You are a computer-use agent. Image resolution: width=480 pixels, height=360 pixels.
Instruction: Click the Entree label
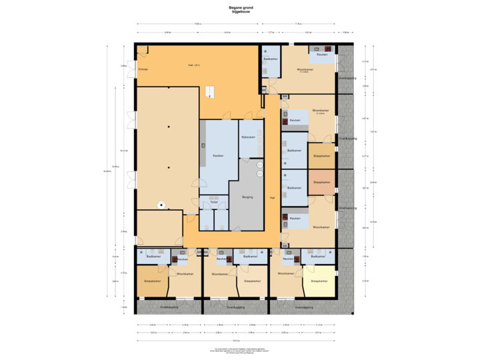click(x=142, y=69)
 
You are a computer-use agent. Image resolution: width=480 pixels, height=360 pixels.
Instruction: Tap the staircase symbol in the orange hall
click(x=210, y=91)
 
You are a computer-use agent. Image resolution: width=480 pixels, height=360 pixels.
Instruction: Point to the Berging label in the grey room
click(x=247, y=197)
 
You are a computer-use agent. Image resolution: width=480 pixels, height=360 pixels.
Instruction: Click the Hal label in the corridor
click(x=272, y=198)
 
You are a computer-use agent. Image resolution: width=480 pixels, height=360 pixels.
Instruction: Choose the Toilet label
click(x=213, y=201)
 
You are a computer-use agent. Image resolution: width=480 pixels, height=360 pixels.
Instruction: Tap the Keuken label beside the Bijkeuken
click(x=217, y=155)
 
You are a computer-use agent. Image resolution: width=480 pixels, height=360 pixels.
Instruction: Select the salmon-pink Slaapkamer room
click(x=321, y=183)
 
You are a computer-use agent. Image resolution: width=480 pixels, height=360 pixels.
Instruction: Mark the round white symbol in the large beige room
click(x=160, y=205)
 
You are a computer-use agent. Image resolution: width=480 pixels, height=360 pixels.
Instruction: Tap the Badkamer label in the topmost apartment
click(x=271, y=59)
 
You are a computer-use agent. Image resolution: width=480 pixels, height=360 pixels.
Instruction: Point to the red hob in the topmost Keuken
click(x=328, y=48)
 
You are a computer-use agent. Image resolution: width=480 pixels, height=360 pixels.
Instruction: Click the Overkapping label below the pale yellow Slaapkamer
click(x=304, y=307)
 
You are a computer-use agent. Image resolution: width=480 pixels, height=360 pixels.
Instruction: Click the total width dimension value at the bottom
click(x=234, y=340)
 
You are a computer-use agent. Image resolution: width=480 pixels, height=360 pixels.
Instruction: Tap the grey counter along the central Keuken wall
click(x=201, y=145)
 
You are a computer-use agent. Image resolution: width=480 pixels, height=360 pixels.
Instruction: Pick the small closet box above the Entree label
click(x=143, y=51)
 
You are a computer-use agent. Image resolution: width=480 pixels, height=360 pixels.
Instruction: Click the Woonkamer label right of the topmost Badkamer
click(x=305, y=69)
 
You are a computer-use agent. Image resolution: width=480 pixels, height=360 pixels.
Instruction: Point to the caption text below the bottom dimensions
click(x=239, y=349)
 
